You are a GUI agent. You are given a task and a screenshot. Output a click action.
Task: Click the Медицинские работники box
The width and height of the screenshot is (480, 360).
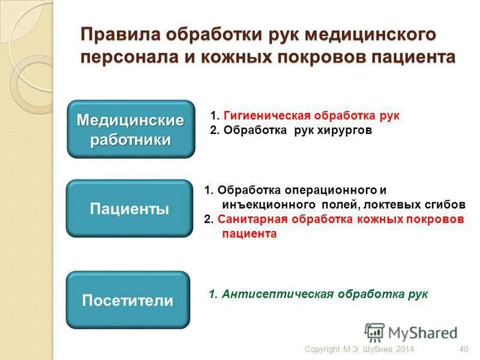point(130,130)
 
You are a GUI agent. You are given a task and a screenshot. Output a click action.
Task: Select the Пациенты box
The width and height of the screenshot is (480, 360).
point(129,208)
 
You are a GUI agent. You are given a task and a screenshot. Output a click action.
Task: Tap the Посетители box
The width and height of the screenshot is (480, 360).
point(127,300)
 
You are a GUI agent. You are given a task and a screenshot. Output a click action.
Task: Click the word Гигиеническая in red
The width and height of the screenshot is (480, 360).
point(264,115)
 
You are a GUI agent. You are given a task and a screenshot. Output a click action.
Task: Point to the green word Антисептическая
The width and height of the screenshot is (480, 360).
point(278,295)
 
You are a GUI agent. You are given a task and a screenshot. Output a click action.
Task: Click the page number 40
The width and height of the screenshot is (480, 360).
point(463,350)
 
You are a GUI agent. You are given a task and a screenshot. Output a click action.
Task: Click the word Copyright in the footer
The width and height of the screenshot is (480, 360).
point(323,350)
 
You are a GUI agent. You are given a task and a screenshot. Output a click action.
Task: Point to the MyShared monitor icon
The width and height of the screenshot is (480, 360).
point(374,332)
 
